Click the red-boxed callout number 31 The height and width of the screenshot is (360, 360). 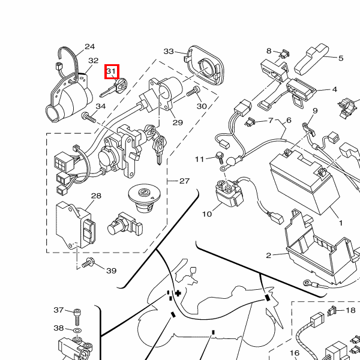coord(112,72)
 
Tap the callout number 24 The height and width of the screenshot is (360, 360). coord(89,47)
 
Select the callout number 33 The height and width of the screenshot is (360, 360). coord(169,52)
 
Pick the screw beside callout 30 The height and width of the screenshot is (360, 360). coord(193,93)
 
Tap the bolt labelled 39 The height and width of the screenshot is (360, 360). coord(88,263)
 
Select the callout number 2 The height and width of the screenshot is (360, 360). coord(268,256)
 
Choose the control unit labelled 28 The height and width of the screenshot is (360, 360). coord(76,224)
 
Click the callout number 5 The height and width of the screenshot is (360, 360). coord(341,58)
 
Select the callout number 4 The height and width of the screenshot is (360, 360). coord(334,90)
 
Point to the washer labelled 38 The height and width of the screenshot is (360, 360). coord(77,329)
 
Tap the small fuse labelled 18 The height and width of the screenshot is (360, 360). coord(331,311)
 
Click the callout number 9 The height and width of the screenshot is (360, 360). coord(315,111)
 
